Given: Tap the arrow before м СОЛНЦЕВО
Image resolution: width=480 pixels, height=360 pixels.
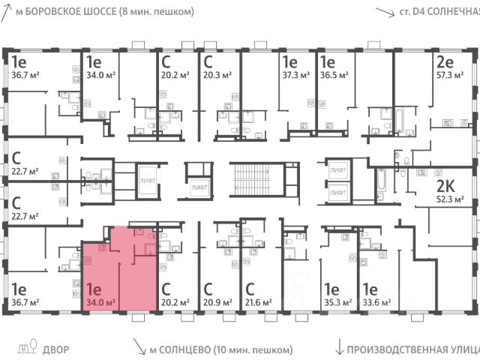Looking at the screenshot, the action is tap(139, 346).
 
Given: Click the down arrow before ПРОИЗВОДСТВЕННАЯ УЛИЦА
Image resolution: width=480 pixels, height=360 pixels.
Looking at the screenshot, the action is tap(341, 347).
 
